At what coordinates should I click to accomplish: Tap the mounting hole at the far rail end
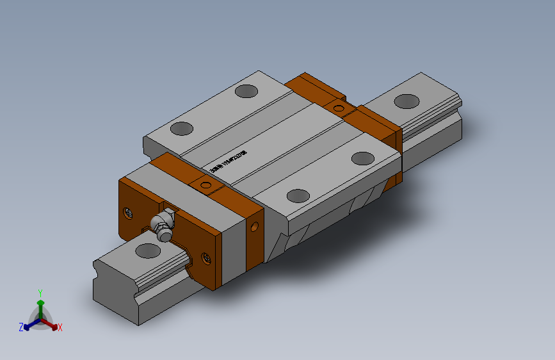point(405,101)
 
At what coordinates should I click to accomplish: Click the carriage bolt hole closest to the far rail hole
point(363,158)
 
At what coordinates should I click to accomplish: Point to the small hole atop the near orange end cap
point(205,186)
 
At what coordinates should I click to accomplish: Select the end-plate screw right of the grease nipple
point(206,258)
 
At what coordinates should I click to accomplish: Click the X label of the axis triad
point(60,328)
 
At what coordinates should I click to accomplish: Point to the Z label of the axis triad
point(20,327)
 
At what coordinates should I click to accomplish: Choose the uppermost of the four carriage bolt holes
point(245,91)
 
